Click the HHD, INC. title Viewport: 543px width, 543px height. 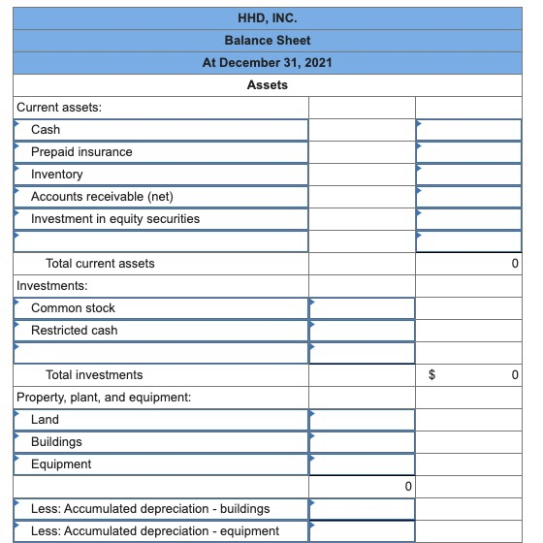tap(268, 17)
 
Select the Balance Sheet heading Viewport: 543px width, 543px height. tap(268, 40)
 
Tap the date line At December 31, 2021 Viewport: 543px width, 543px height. tap(268, 62)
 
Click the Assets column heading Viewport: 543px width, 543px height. tap(268, 85)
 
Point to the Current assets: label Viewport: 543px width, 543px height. tap(59, 107)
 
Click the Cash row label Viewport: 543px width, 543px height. tap(46, 129)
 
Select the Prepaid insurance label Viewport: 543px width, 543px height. tap(81, 151)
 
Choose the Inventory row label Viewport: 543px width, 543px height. tap(57, 174)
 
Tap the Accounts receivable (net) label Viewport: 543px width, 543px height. tap(102, 196)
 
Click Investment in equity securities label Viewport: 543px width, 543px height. tap(115, 218)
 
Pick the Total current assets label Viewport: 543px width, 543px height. tap(100, 263)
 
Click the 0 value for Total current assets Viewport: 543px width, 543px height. tap(515, 263)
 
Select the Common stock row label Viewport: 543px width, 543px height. tap(73, 307)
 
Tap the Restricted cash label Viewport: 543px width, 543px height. tap(74, 330)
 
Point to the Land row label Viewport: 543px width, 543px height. tap(45, 419)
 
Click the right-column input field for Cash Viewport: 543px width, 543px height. tap(469, 129)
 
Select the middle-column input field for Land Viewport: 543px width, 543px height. tap(362, 419)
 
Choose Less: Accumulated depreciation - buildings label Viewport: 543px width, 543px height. tap(150, 508)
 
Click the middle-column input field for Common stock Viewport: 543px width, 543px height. tap(362, 307)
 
